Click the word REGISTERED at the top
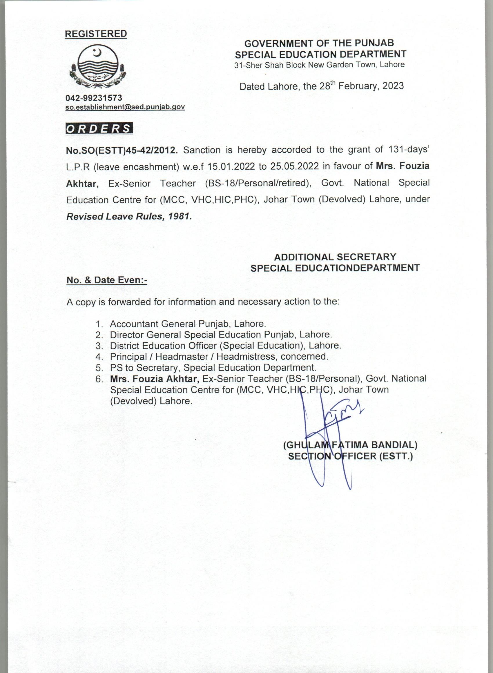coord(96,34)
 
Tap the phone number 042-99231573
coord(94,97)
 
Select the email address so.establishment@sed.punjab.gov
coord(125,107)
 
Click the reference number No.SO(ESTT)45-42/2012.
coord(122,150)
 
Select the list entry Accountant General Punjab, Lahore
coord(188,324)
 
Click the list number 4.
coord(99,357)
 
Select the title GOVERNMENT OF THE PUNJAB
coord(319,43)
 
